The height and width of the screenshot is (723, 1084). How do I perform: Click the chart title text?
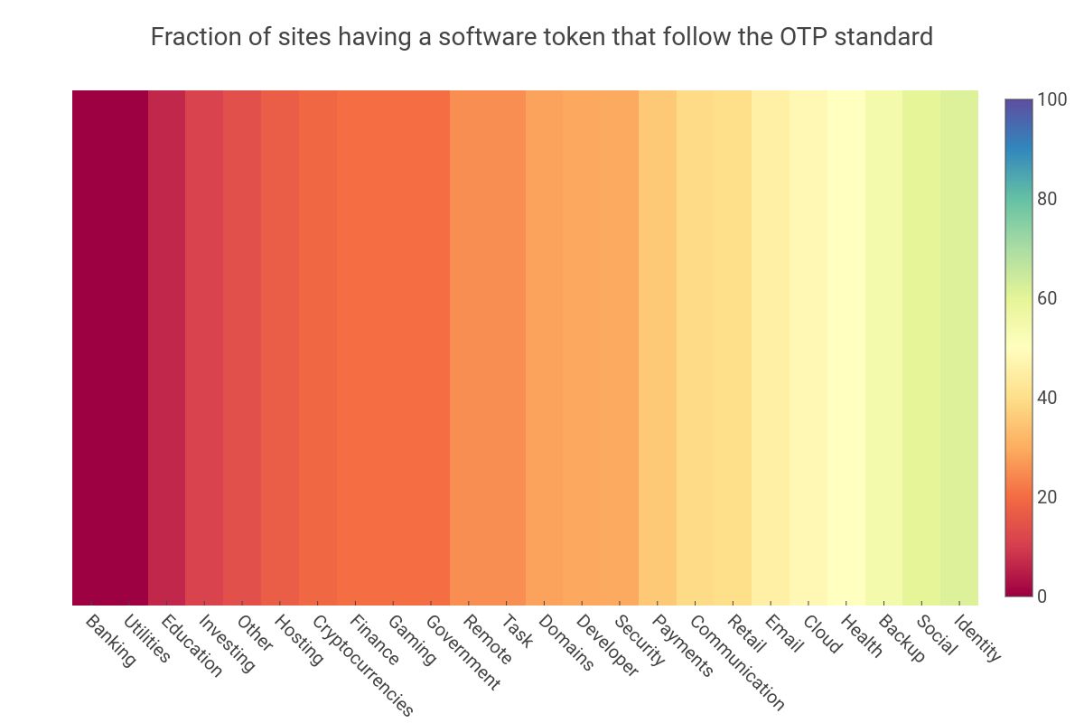(x=541, y=37)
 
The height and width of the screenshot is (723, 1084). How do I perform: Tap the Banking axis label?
(x=110, y=640)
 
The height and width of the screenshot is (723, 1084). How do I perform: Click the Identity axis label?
(x=978, y=638)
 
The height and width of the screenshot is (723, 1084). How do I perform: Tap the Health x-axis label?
(x=861, y=635)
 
